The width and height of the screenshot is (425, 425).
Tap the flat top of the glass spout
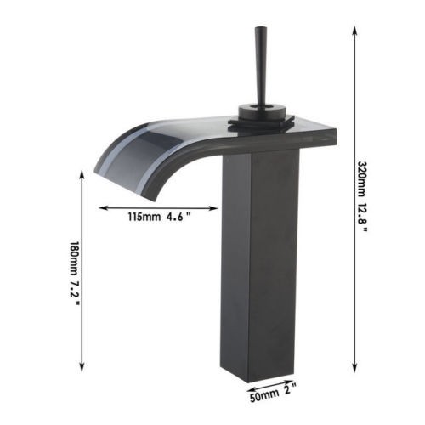click(x=212, y=127)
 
